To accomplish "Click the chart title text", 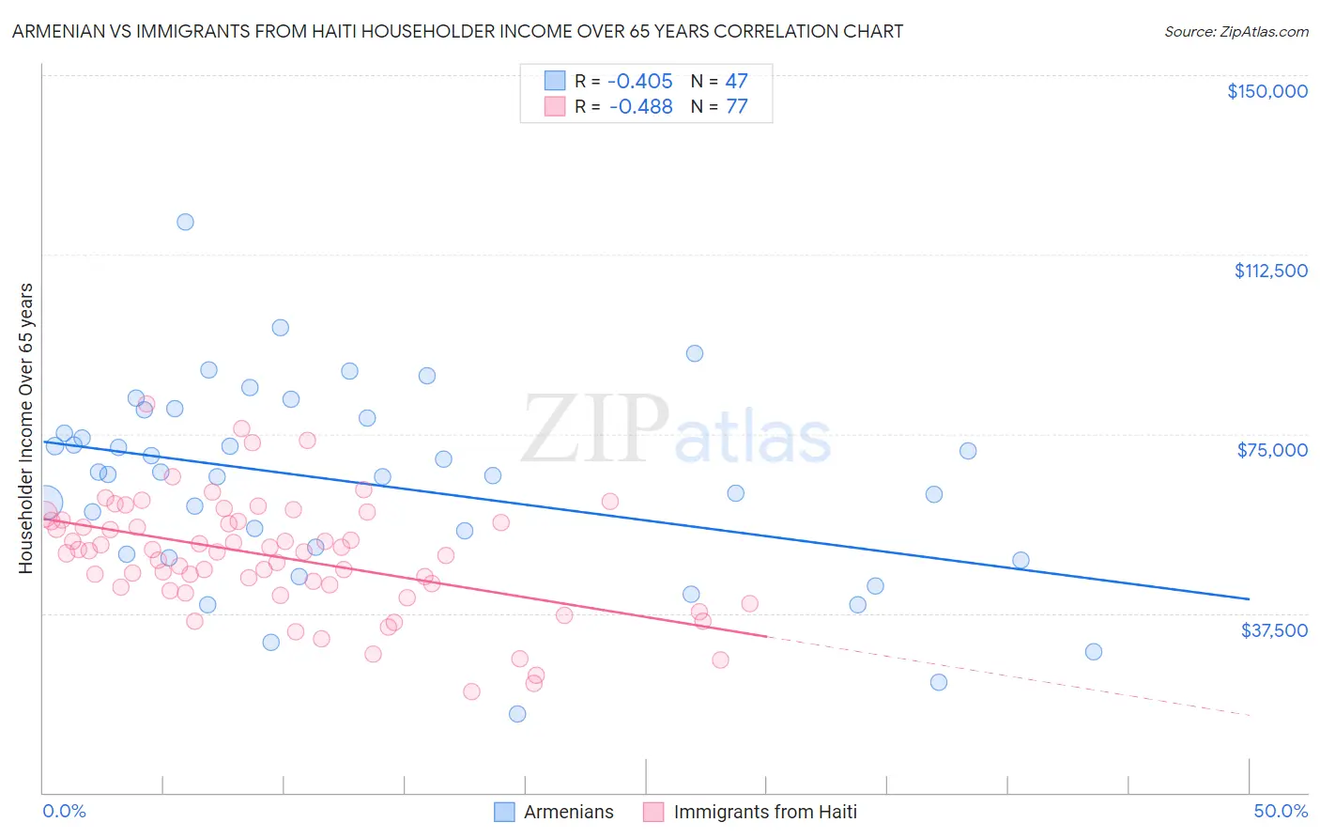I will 457,31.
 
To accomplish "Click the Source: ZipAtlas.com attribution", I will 1236,31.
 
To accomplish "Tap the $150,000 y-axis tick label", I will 1266,91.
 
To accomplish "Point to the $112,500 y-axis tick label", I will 1270,271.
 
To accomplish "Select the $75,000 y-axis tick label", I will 1272,450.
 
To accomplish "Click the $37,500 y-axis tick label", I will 1274,630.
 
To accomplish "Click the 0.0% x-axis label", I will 64,811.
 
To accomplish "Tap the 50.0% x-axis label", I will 1281,811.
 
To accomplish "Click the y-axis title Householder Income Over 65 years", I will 26,428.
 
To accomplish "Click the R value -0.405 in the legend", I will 640,81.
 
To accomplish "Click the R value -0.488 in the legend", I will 640,107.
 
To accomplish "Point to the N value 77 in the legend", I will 737,107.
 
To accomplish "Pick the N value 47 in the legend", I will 737,81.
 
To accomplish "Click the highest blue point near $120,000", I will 185,222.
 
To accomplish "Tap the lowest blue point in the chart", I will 517,714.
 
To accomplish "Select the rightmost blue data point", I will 1093,652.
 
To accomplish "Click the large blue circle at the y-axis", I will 44,503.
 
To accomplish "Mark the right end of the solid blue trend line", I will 1249,598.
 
